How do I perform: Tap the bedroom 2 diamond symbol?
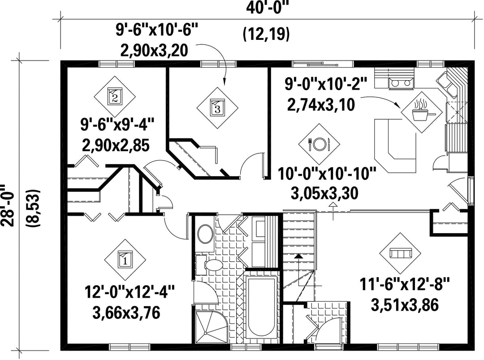(x=115, y=96)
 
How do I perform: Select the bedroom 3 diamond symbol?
(x=218, y=107)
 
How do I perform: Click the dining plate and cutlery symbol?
(x=320, y=143)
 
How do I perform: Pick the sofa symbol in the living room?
(x=401, y=253)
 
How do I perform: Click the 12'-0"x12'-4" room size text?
(x=130, y=292)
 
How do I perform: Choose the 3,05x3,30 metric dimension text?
(x=324, y=193)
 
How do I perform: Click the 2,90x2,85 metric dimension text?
(x=116, y=145)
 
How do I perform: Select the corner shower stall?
(x=211, y=327)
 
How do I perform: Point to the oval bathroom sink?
(x=205, y=234)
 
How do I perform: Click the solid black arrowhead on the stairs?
(x=298, y=256)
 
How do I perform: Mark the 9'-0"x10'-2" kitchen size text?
(x=326, y=83)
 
